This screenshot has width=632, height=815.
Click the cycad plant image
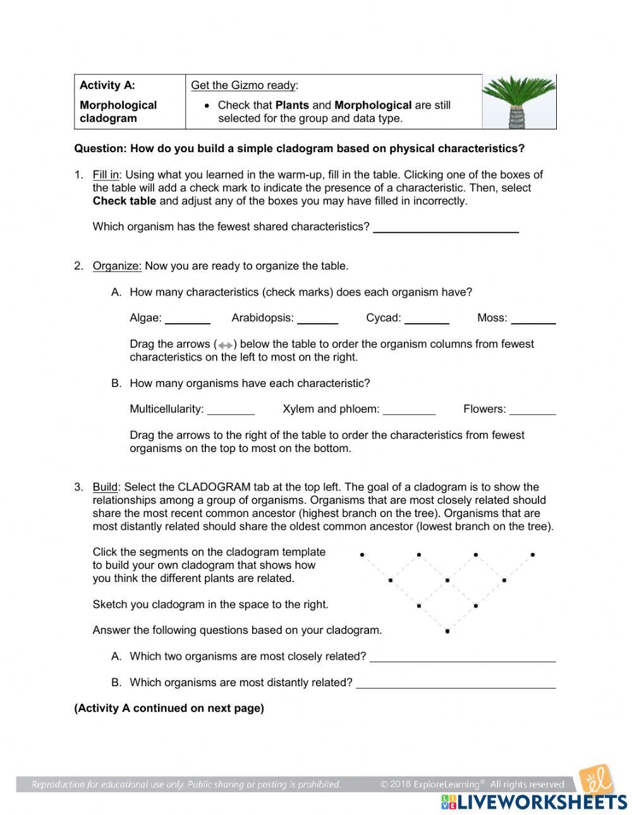click(520, 102)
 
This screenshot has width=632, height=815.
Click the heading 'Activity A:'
click(107, 85)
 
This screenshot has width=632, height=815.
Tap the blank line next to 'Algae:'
click(188, 319)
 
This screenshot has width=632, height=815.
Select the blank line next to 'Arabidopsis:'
click(317, 319)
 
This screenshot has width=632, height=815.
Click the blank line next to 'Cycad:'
click(427, 319)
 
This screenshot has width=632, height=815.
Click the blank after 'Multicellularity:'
click(231, 410)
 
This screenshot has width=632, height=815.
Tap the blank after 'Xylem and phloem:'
click(409, 410)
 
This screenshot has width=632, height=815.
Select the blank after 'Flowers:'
click(532, 410)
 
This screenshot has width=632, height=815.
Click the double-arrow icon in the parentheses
click(224, 345)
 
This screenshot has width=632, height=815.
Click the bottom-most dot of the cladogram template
click(447, 631)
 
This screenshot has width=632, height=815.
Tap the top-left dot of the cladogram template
click(362, 555)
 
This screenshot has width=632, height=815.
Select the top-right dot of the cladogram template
click(533, 555)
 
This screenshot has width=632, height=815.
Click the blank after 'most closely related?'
click(463, 657)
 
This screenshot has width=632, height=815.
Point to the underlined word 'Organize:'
click(117, 266)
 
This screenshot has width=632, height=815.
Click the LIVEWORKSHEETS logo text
click(542, 802)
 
